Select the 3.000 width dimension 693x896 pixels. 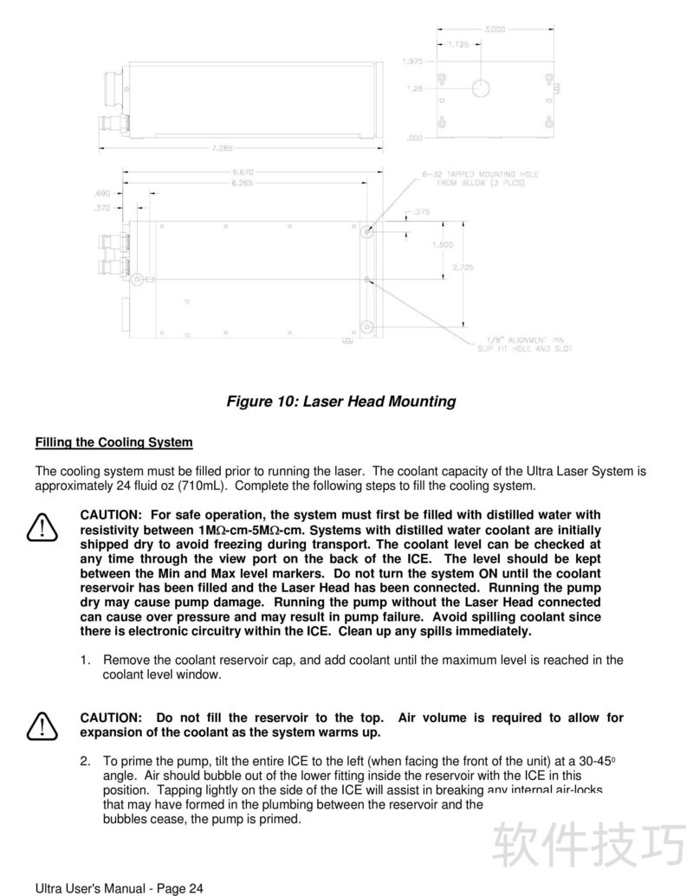[495, 29]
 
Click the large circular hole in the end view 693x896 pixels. [481, 87]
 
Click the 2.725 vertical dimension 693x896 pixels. [463, 268]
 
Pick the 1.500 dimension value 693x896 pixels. [443, 245]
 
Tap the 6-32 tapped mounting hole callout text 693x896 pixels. [480, 179]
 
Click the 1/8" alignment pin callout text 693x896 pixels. [525, 345]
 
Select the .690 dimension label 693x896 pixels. [101, 193]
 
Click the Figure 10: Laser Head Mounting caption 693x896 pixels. [340, 402]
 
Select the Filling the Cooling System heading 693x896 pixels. [113, 442]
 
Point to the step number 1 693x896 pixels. [85, 660]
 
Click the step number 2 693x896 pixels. [85, 760]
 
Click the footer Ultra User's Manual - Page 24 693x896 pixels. [120, 888]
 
